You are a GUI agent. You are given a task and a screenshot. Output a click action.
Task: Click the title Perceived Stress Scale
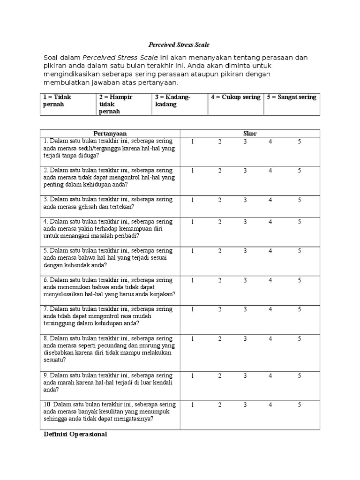tap(179, 45)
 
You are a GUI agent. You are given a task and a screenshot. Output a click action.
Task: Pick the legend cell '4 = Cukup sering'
tap(235, 97)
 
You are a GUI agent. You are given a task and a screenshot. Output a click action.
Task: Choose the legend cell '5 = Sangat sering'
tap(292, 97)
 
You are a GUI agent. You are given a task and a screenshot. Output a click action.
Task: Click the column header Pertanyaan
tap(110, 134)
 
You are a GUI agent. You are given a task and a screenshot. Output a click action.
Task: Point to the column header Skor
tap(250, 134)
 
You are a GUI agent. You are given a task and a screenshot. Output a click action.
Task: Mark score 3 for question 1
tap(245, 142)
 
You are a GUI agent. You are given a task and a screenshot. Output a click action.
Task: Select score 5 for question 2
tap(300, 171)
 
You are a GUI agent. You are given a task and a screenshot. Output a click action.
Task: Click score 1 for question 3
tap(192, 200)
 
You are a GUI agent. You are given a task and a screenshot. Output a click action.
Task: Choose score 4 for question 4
tap(270, 222)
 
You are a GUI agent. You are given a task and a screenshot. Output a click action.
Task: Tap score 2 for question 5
tap(219, 251)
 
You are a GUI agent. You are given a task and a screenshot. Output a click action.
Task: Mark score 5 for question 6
tap(300, 280)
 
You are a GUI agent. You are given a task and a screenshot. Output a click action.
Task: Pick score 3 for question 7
tap(245, 309)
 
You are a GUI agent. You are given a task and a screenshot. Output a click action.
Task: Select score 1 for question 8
tap(192, 338)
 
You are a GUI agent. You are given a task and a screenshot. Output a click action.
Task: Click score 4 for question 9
tap(270, 375)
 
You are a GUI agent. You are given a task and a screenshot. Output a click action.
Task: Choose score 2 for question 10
tap(219, 404)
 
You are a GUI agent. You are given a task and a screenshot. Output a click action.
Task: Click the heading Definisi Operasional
tap(75, 435)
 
